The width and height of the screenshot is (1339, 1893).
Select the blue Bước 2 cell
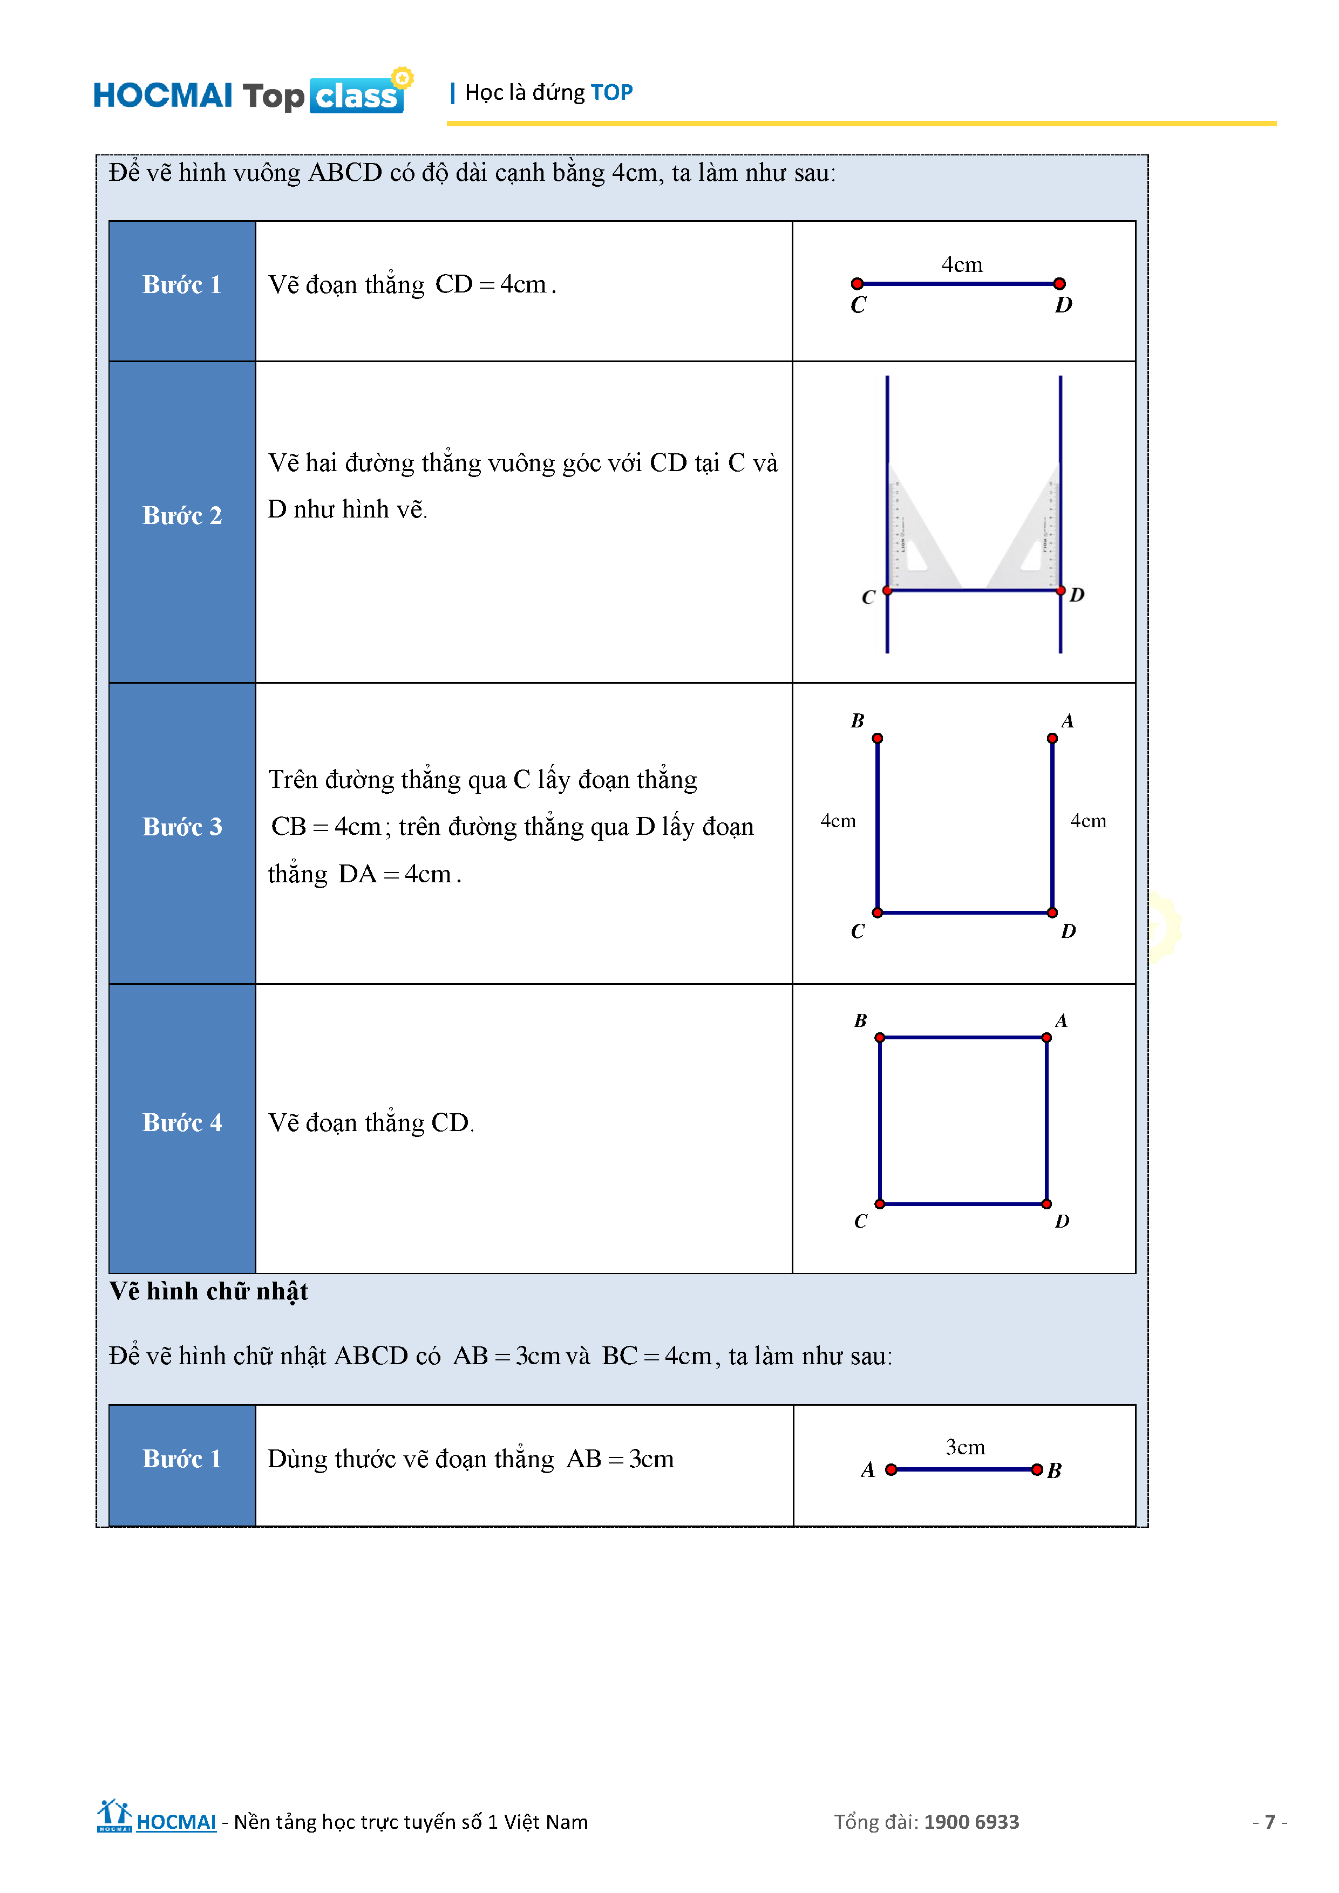[182, 516]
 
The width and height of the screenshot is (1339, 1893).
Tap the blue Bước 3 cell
[182, 827]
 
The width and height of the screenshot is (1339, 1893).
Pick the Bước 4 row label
[182, 1123]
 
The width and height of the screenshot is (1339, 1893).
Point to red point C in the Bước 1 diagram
[858, 284]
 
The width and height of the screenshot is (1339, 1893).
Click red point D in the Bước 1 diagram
[1059, 284]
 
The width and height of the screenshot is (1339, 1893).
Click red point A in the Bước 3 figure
[1052, 739]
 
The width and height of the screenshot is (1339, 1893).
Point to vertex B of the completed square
[880, 1038]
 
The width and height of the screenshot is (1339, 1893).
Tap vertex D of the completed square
[1046, 1204]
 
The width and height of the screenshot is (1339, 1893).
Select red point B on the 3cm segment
[1036, 1470]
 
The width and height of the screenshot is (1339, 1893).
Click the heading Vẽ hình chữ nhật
[209, 1292]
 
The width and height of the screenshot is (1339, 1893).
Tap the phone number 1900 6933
[971, 1822]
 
